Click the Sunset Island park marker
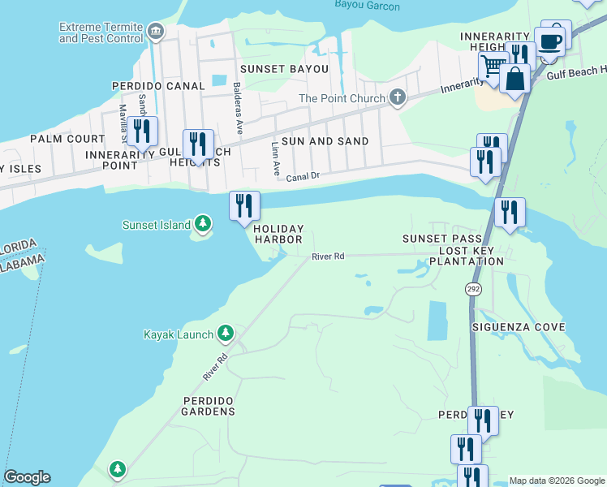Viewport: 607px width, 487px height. (x=203, y=225)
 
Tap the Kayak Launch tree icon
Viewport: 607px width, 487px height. (x=225, y=334)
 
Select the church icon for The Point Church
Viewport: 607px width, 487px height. (x=397, y=98)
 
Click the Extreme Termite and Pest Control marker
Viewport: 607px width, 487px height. (x=156, y=32)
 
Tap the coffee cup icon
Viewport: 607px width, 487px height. (x=550, y=41)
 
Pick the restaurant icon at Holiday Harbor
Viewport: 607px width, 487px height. (x=244, y=205)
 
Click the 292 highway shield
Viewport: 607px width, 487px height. (x=473, y=289)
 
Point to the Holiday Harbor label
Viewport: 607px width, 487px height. (x=278, y=234)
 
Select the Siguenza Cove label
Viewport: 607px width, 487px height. (x=519, y=326)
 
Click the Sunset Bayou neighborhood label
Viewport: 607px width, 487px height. (x=273, y=69)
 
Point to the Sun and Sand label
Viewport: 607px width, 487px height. (x=325, y=140)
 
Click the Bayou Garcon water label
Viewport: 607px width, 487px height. (x=367, y=6)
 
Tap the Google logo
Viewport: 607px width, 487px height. (x=27, y=477)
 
